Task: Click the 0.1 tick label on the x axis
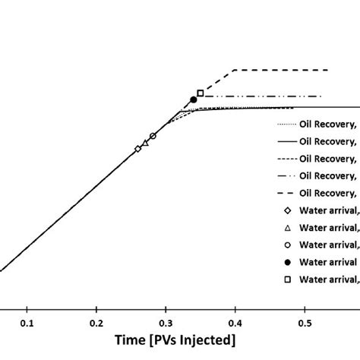click(x=27, y=321)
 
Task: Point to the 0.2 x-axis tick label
click(x=96, y=321)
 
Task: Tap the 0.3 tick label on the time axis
click(x=166, y=321)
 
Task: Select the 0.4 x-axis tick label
click(x=235, y=321)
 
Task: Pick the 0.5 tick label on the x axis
click(x=304, y=321)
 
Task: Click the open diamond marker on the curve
click(x=137, y=149)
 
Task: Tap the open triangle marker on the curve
click(x=145, y=142)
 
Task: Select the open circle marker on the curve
click(x=153, y=136)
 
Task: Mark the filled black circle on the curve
click(x=193, y=100)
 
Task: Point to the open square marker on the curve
click(x=200, y=93)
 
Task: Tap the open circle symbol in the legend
click(x=287, y=245)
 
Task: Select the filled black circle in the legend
click(x=287, y=262)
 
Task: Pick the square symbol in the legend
click(x=287, y=279)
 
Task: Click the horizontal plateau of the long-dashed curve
click(x=281, y=70)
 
